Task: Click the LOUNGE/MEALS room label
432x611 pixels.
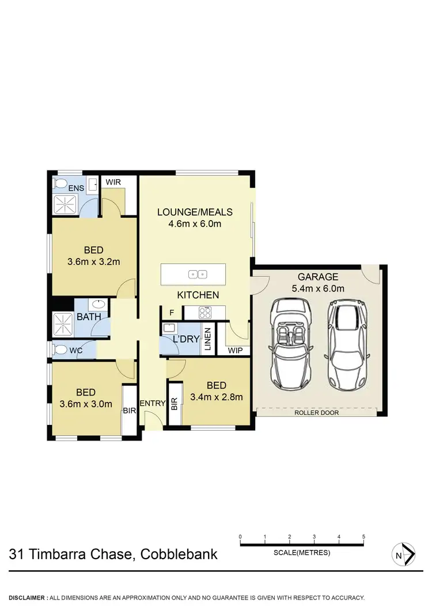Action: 190,212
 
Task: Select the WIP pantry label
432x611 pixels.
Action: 236,350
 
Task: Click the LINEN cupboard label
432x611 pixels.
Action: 208,340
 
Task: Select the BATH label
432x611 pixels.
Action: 89,317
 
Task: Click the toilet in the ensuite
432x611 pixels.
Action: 60,184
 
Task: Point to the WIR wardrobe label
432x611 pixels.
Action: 113,182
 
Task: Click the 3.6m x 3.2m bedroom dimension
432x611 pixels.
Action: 93,262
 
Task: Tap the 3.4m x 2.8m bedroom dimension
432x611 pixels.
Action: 216,396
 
